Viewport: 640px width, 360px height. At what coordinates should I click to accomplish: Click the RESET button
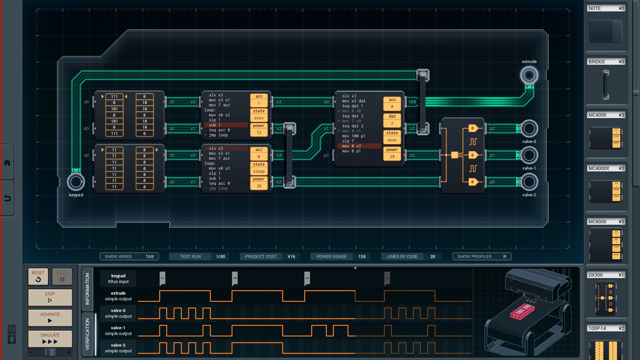38,276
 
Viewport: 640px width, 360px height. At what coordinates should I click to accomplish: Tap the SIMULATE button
50,339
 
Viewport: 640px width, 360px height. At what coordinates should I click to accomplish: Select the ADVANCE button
50,318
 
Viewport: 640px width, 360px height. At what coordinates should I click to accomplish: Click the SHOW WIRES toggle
129,256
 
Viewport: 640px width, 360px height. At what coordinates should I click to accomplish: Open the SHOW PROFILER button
482,256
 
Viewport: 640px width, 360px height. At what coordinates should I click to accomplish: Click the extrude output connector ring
529,75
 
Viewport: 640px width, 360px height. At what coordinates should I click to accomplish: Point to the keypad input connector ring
76,182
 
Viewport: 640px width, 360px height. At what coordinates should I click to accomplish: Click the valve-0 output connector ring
529,129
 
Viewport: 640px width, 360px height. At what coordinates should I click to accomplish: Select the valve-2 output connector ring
529,182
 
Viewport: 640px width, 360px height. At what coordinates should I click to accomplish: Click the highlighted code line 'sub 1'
226,125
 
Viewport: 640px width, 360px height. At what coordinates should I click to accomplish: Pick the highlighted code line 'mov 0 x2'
359,146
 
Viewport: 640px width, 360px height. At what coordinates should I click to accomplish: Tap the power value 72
259,133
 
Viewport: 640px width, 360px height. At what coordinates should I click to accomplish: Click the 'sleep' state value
259,171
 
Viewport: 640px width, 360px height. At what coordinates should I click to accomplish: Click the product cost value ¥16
291,256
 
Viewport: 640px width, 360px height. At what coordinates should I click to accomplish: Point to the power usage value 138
362,256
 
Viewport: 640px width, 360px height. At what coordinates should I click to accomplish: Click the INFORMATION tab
87,289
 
